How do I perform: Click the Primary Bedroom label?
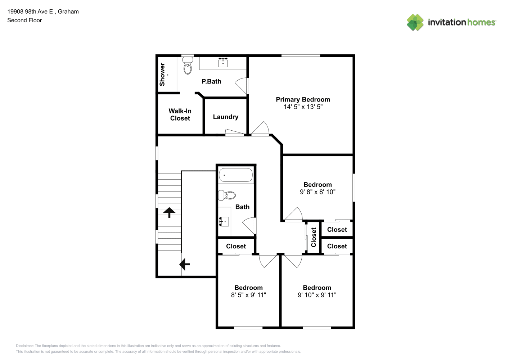click(303, 100)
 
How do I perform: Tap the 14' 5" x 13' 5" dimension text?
click(303, 107)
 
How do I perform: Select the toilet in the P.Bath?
click(188, 66)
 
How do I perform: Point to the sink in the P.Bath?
click(223, 62)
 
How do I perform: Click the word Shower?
click(162, 75)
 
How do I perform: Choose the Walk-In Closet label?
click(180, 114)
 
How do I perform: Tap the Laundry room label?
click(226, 117)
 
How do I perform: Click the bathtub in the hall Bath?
click(236, 175)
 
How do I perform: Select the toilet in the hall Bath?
click(227, 195)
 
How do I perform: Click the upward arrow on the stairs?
click(169, 212)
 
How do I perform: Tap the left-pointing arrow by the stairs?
click(185, 264)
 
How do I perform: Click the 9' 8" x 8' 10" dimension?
click(317, 192)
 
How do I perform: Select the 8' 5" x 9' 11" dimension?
click(249, 295)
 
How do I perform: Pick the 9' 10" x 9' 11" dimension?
click(317, 295)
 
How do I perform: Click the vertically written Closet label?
click(314, 237)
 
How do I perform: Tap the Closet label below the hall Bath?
click(236, 246)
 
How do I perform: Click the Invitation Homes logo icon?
click(415, 22)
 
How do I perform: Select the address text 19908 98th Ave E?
click(30, 12)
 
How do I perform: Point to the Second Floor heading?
click(24, 20)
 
